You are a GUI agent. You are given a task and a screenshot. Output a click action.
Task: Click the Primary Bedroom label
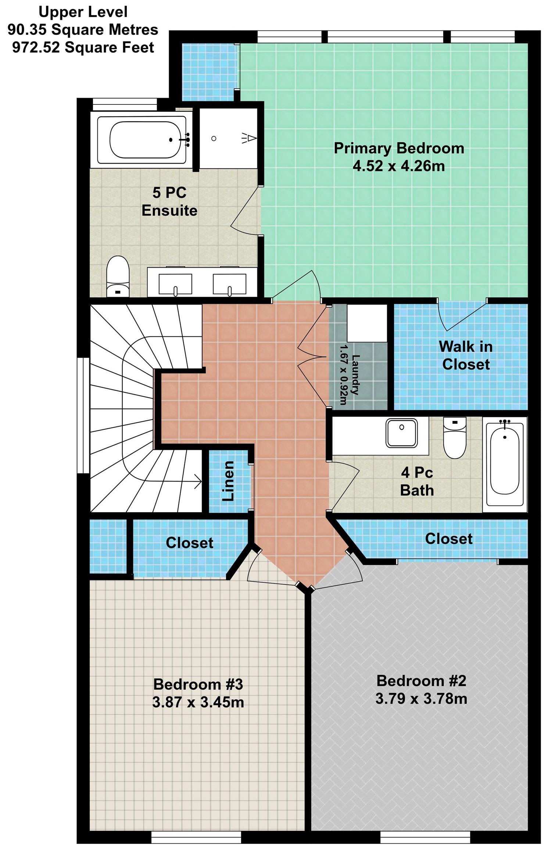click(399, 149)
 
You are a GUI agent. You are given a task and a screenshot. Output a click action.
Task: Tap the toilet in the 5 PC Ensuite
click(118, 276)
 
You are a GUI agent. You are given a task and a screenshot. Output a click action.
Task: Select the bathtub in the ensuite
click(142, 140)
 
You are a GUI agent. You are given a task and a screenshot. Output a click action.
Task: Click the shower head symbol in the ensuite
click(249, 138)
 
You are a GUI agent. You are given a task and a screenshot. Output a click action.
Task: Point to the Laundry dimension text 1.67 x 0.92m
click(343, 375)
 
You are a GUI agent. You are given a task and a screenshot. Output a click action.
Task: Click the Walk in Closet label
click(466, 355)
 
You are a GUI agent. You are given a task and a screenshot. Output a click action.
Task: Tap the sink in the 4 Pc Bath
click(401, 433)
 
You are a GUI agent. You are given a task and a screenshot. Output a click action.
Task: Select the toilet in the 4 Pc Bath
click(455, 437)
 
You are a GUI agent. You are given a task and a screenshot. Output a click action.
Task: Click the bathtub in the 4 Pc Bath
click(505, 465)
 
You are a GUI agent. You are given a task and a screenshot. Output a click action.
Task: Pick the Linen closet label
click(228, 481)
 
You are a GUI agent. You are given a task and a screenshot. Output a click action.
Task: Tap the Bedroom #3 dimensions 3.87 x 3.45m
click(198, 703)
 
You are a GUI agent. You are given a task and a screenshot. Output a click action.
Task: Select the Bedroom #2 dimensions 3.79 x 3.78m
click(421, 699)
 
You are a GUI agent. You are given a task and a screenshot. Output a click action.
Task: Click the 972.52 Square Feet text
click(83, 48)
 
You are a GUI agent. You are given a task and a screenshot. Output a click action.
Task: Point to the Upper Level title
click(83, 12)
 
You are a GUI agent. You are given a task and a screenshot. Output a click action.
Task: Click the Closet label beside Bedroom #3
click(189, 543)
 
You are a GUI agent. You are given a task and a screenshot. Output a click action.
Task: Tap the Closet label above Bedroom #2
click(449, 539)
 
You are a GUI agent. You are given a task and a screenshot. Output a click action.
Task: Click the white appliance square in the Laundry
click(367, 323)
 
